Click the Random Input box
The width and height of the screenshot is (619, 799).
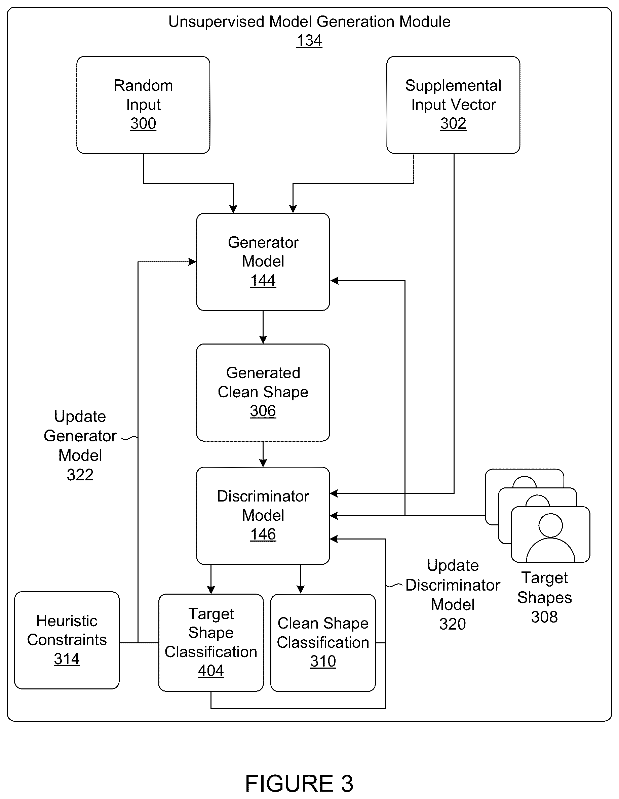coord(143,105)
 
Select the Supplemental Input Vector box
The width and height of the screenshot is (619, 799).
coord(453,105)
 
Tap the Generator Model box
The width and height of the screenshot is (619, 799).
coord(263,262)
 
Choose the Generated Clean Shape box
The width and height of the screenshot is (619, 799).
coord(263,393)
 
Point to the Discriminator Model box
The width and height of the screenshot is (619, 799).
coord(263,516)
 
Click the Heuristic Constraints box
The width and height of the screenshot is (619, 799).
coord(67,640)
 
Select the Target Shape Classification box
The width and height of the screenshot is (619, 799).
coord(211,642)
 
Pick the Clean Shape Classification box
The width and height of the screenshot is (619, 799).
coord(323,642)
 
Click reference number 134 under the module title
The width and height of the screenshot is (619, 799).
coord(309,41)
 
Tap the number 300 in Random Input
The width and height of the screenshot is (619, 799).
coord(143,124)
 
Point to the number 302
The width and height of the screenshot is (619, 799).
coord(453,124)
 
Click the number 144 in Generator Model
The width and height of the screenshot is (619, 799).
coord(263,281)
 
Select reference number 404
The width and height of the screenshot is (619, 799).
coord(211,671)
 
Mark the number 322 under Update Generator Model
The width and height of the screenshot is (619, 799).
coord(80,475)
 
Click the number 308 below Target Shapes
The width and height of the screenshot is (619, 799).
coord(544,617)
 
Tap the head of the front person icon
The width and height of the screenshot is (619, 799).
coord(551,525)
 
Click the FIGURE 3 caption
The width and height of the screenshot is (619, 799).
coord(299,784)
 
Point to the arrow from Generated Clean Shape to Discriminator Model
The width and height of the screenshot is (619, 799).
coord(263,454)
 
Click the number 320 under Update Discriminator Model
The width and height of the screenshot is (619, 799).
coord(453,624)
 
